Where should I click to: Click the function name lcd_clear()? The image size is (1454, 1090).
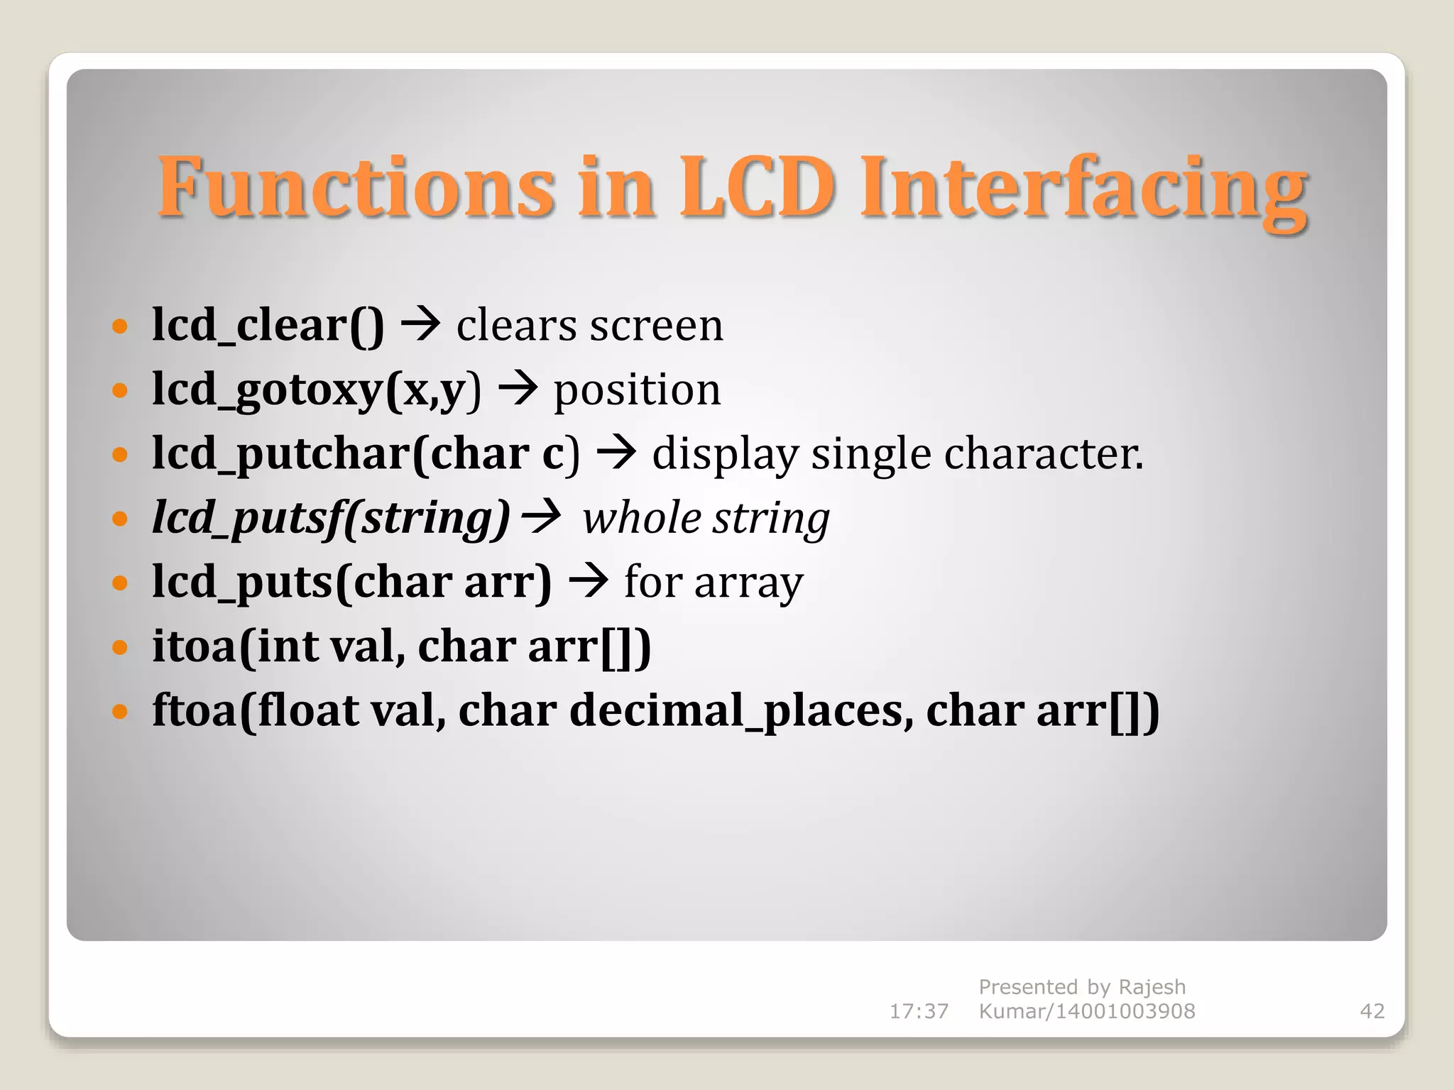[x=268, y=326]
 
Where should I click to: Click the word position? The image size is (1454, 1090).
[x=637, y=391]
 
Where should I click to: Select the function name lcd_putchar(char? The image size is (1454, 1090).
[x=341, y=454]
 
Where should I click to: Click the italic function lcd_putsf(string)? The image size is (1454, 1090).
[x=331, y=518]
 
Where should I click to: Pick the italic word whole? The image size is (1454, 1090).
[x=642, y=518]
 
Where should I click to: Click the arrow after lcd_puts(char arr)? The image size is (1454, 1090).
[x=589, y=580]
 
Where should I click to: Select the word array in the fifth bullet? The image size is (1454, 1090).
[x=748, y=583]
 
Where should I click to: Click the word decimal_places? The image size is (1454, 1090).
[x=741, y=711]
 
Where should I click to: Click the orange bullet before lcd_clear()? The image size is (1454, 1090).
[x=120, y=326]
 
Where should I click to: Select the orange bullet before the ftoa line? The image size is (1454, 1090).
[x=120, y=711]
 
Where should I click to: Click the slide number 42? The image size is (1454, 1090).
[x=1372, y=1011]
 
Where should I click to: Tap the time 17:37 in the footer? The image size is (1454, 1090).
[x=919, y=1011]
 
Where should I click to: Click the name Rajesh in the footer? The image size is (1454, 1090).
[x=1152, y=987]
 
